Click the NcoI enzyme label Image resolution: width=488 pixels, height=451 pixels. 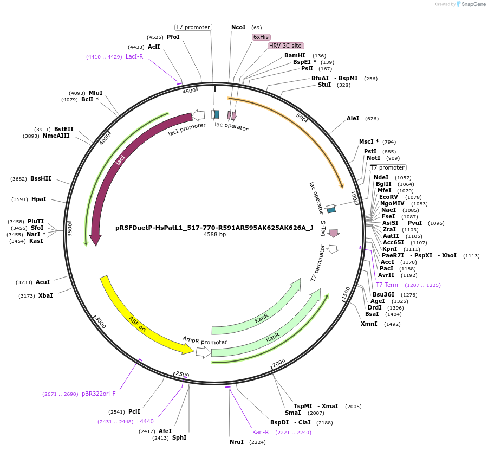coord(238,27)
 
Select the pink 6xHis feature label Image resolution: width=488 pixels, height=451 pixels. coord(261,37)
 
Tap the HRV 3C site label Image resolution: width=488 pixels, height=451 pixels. coord(285,46)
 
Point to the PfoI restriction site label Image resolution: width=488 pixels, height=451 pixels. coord(173,37)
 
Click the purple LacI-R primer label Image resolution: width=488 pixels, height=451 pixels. coord(134,56)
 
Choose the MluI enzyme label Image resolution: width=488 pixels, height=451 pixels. coord(95,93)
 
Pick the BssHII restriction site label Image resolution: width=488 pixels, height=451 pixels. coord(41,178)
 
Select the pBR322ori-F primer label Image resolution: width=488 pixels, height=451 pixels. coord(99,394)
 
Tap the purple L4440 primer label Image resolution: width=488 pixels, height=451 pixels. coord(145,421)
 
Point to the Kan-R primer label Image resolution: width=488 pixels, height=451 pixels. coord(261,432)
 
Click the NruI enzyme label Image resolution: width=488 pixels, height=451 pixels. coord(237,442)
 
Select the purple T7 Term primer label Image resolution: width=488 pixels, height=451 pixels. coord(387,285)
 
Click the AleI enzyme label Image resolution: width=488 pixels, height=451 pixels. coord(353,118)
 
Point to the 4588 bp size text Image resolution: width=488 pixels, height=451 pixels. coord(214,235)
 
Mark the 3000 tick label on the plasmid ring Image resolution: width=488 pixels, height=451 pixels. coord(101,323)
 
